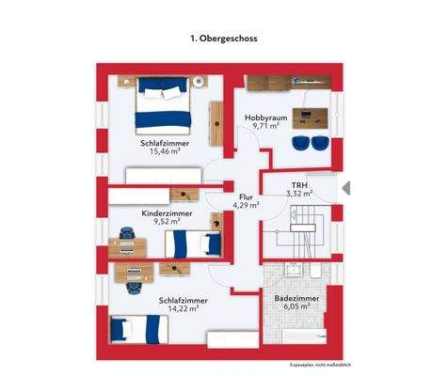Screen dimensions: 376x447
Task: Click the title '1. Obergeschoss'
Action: pyautogui.click(x=223, y=39)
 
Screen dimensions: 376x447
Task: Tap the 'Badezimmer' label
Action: pyautogui.click(x=295, y=297)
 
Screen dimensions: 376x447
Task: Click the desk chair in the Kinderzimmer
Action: pyautogui.click(x=126, y=232)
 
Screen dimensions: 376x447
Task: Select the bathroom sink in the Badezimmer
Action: pyautogui.click(x=293, y=270)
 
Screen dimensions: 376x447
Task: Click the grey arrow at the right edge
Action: pyautogui.click(x=344, y=186)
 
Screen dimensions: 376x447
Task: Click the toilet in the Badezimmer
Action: pyautogui.click(x=317, y=270)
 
